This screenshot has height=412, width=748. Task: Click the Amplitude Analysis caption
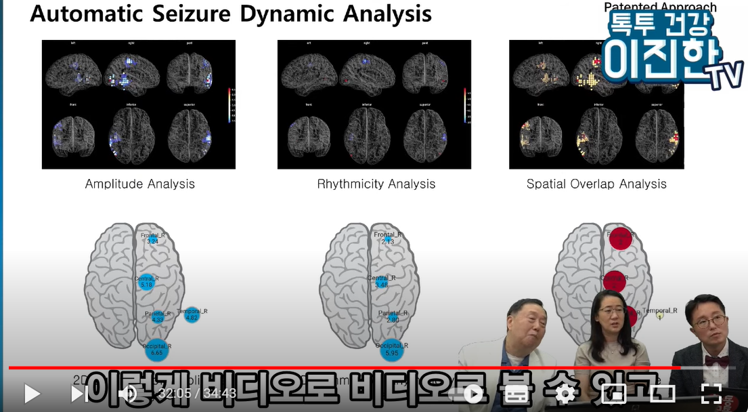tap(139, 184)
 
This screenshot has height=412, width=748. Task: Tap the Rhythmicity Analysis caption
tap(376, 184)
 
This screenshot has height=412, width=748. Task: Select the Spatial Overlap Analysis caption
tap(596, 184)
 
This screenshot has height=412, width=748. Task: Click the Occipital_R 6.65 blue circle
tap(156, 350)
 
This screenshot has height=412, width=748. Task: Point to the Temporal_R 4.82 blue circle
tap(192, 314)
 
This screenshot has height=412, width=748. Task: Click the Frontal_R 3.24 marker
tap(152, 238)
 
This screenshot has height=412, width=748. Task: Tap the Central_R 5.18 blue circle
tap(146, 283)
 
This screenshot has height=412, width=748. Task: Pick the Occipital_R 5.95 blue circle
tap(391, 350)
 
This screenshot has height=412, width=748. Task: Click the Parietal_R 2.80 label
tap(393, 316)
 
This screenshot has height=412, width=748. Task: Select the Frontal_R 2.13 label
tap(388, 238)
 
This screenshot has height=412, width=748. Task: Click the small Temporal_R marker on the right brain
tap(660, 315)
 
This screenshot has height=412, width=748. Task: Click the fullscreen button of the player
tap(711, 393)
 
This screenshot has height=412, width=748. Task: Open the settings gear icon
tap(565, 393)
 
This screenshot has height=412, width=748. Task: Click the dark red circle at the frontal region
tap(619, 238)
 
